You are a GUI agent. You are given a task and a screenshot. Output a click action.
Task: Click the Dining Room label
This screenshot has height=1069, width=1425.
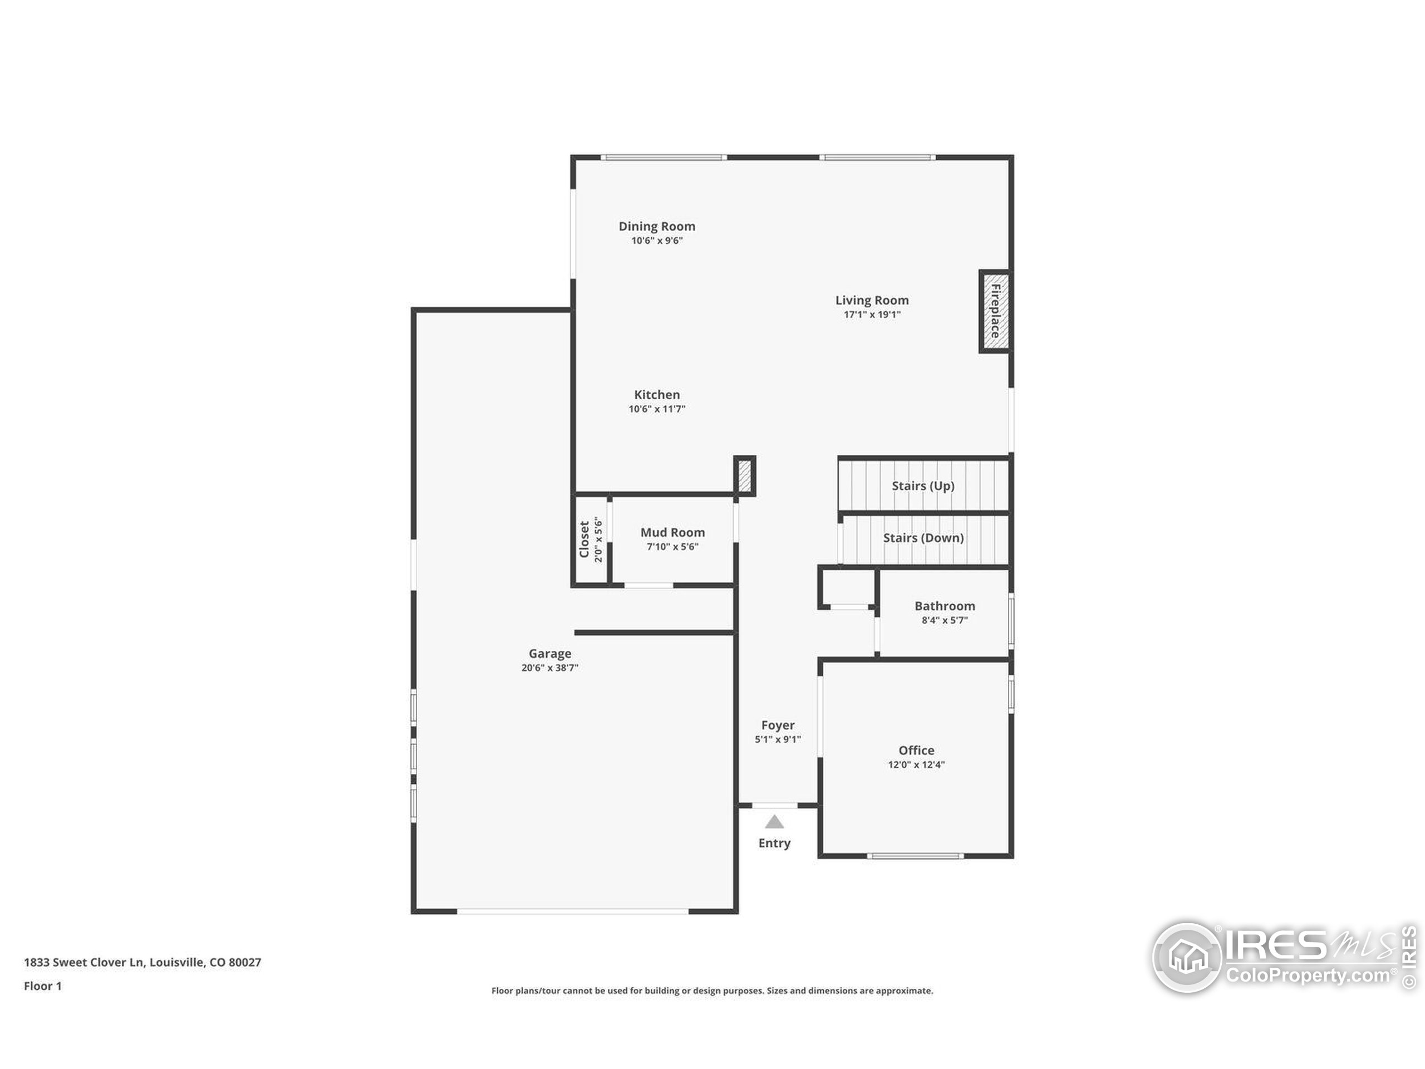click(656, 226)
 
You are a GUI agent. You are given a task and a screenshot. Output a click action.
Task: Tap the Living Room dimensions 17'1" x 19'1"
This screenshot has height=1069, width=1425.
click(872, 315)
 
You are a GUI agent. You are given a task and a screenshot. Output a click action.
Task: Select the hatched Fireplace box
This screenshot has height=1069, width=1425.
click(995, 311)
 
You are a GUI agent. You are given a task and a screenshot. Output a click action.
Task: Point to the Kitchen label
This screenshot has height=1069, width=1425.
click(656, 394)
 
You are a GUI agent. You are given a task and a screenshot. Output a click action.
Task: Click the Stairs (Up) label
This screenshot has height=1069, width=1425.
click(922, 486)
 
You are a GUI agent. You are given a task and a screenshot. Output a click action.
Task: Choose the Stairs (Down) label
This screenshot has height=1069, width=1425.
click(922, 538)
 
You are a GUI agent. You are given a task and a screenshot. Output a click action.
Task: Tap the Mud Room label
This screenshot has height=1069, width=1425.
click(672, 532)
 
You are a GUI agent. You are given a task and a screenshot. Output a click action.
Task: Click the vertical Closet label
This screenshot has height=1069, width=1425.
click(584, 540)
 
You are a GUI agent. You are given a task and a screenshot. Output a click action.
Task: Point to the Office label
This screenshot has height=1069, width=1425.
click(916, 750)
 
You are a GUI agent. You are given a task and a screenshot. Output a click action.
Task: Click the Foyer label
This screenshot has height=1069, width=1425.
click(778, 725)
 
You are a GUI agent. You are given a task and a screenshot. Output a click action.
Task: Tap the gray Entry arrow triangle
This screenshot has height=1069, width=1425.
click(774, 823)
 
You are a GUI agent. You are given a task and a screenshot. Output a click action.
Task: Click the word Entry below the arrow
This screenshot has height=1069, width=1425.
click(774, 844)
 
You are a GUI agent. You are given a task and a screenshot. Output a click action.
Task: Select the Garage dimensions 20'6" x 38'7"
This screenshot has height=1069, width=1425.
click(549, 668)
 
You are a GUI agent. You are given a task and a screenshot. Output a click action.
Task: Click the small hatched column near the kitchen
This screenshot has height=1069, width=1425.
click(744, 475)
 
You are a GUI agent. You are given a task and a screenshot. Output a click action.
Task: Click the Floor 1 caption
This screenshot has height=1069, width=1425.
click(42, 986)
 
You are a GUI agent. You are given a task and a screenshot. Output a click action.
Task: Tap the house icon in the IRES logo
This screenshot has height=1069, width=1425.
click(1187, 957)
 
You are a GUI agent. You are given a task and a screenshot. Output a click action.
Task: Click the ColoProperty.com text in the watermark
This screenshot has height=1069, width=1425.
click(1308, 975)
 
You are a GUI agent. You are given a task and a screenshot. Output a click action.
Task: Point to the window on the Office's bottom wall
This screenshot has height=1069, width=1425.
click(915, 856)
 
